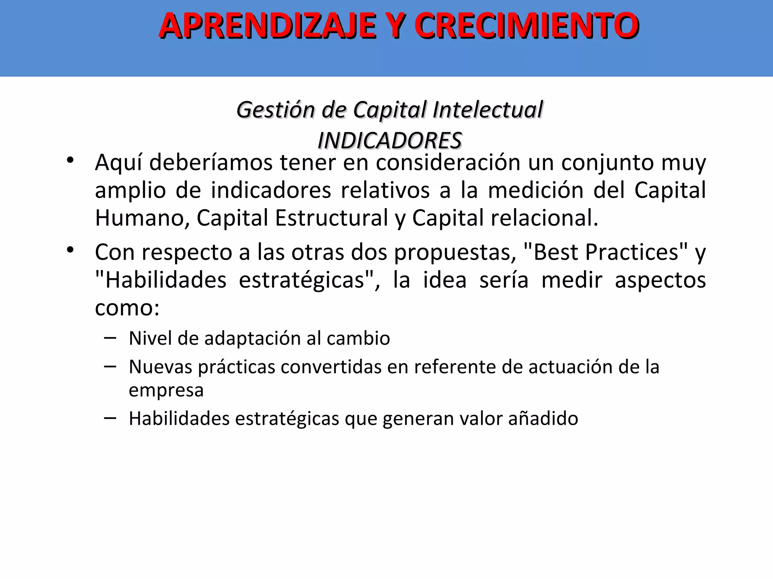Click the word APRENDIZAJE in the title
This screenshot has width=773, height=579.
coord(268,26)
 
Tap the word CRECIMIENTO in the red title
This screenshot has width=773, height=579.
coord(527,26)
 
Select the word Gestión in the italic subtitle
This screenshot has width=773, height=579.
coord(276,110)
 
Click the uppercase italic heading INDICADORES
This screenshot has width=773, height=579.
coord(390,141)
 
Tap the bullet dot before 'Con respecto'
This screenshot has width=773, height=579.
coord(70,250)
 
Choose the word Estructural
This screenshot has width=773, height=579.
coord(331,218)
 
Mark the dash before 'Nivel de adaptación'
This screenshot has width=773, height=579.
coord(110,338)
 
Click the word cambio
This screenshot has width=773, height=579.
coord(358,338)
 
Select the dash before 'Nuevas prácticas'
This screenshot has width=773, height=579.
coord(110,366)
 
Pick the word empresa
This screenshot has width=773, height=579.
coord(166,390)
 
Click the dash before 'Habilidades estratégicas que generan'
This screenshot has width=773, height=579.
coord(110,418)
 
